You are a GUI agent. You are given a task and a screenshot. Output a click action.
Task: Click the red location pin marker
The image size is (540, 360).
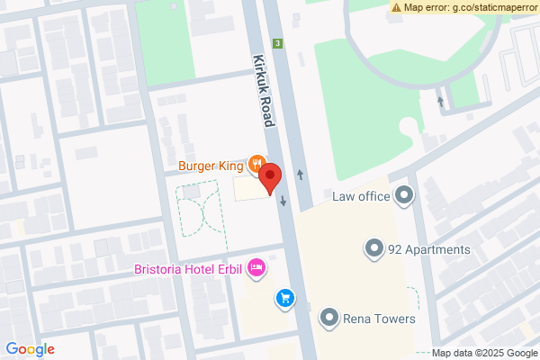pyautogui.click(x=272, y=178)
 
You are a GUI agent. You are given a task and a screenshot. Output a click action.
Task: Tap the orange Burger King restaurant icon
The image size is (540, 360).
pyautogui.click(x=256, y=165)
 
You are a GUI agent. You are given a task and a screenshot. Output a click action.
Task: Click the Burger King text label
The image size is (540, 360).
pyautogui.click(x=211, y=166)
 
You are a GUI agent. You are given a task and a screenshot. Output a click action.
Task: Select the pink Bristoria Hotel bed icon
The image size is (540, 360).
pyautogui.click(x=256, y=266)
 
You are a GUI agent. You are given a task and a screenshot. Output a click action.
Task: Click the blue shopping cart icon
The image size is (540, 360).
pyautogui.click(x=284, y=297)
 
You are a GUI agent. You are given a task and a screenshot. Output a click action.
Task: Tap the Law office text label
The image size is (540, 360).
pyautogui.click(x=360, y=196)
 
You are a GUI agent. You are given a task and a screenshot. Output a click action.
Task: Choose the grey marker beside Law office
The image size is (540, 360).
pyautogui.click(x=404, y=194)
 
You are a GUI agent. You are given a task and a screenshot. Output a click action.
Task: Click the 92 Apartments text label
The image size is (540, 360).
pyautogui.click(x=428, y=249)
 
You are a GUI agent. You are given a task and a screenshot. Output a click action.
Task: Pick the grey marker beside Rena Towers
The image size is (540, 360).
pyautogui.click(x=329, y=317)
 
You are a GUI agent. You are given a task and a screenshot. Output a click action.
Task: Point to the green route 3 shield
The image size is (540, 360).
pyautogui.click(x=279, y=43)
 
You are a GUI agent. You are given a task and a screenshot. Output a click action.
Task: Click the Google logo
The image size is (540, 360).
pyautogui.click(x=30, y=349)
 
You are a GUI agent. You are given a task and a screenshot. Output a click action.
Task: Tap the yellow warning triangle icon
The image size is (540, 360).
pyautogui.click(x=397, y=7)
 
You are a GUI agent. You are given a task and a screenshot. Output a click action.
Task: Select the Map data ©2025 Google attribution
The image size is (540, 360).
pyautogui.click(x=483, y=353)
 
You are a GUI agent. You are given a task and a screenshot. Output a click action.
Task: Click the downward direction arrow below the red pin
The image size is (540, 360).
pyautogui.click(x=283, y=201)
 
